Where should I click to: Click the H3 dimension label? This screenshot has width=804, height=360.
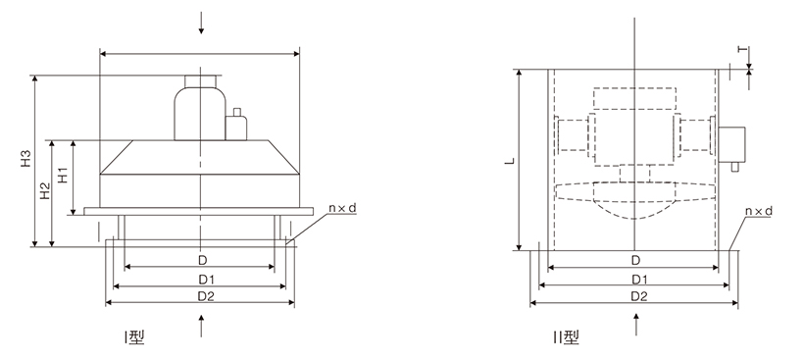pos(26,159)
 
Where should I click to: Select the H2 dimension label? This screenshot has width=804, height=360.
pos(46,191)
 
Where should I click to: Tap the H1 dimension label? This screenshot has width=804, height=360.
pos(63,175)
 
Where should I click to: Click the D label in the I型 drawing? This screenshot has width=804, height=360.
pos(203,261)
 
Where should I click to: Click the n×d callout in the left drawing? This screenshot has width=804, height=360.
pos(342,208)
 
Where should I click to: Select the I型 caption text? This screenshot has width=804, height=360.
pos(133,336)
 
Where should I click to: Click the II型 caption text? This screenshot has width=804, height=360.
pos(566,336)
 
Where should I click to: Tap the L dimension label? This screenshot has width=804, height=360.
pos(510,161)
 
